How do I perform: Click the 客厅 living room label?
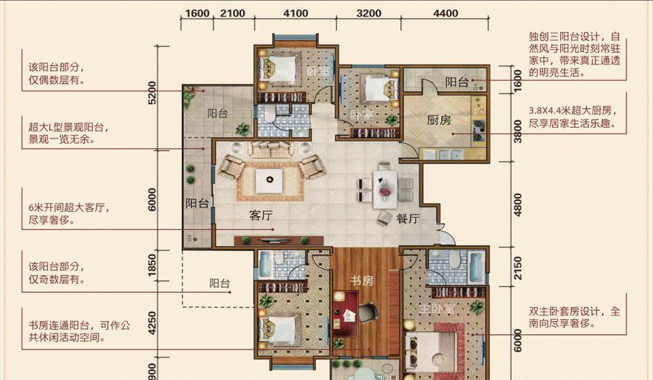261,215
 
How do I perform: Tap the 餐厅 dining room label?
408,218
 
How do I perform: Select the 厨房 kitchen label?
439,120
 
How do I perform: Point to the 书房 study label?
361,281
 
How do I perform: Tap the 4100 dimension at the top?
296,13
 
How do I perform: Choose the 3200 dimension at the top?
369,13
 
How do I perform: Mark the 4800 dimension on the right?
517,205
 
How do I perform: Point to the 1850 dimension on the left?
152,264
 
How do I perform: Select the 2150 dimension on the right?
517,268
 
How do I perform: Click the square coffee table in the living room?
269,181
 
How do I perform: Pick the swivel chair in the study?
367,312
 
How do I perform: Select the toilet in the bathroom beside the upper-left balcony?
271,113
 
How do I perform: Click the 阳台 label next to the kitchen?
457,82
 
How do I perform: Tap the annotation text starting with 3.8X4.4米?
573,117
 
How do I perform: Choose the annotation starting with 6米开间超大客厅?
69,213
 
